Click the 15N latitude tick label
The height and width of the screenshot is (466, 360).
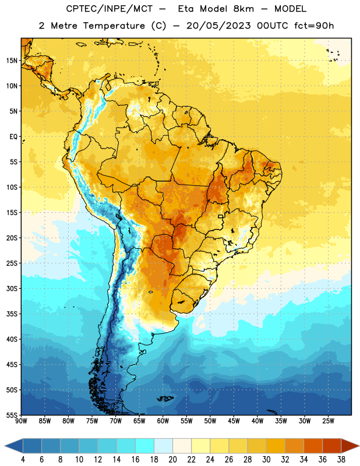[12, 61]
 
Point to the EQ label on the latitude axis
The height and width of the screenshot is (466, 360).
[13, 137]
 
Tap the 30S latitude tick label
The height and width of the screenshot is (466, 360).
[12, 288]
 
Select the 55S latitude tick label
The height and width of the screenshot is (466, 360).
[12, 415]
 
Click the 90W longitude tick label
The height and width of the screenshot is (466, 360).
[21, 421]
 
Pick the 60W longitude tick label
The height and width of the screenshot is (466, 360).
[163, 421]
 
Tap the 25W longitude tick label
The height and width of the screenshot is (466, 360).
[328, 421]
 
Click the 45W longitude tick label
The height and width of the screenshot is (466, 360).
[234, 421]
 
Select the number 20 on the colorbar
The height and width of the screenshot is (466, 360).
[172, 460]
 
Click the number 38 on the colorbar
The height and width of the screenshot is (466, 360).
[341, 460]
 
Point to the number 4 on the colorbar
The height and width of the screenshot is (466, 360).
[23, 460]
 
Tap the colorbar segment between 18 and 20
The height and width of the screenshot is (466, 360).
[163, 446]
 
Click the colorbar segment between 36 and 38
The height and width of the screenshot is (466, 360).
[332, 446]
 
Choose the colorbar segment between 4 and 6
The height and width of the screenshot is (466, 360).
[32, 446]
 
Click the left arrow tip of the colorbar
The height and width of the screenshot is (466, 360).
[5, 446]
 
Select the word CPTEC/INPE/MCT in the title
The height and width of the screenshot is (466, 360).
[110, 9]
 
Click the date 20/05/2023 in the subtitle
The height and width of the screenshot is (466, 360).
[218, 26]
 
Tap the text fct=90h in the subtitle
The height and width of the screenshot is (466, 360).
[314, 26]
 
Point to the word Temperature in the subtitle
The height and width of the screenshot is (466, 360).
[114, 26]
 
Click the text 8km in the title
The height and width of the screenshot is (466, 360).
[243, 9]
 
